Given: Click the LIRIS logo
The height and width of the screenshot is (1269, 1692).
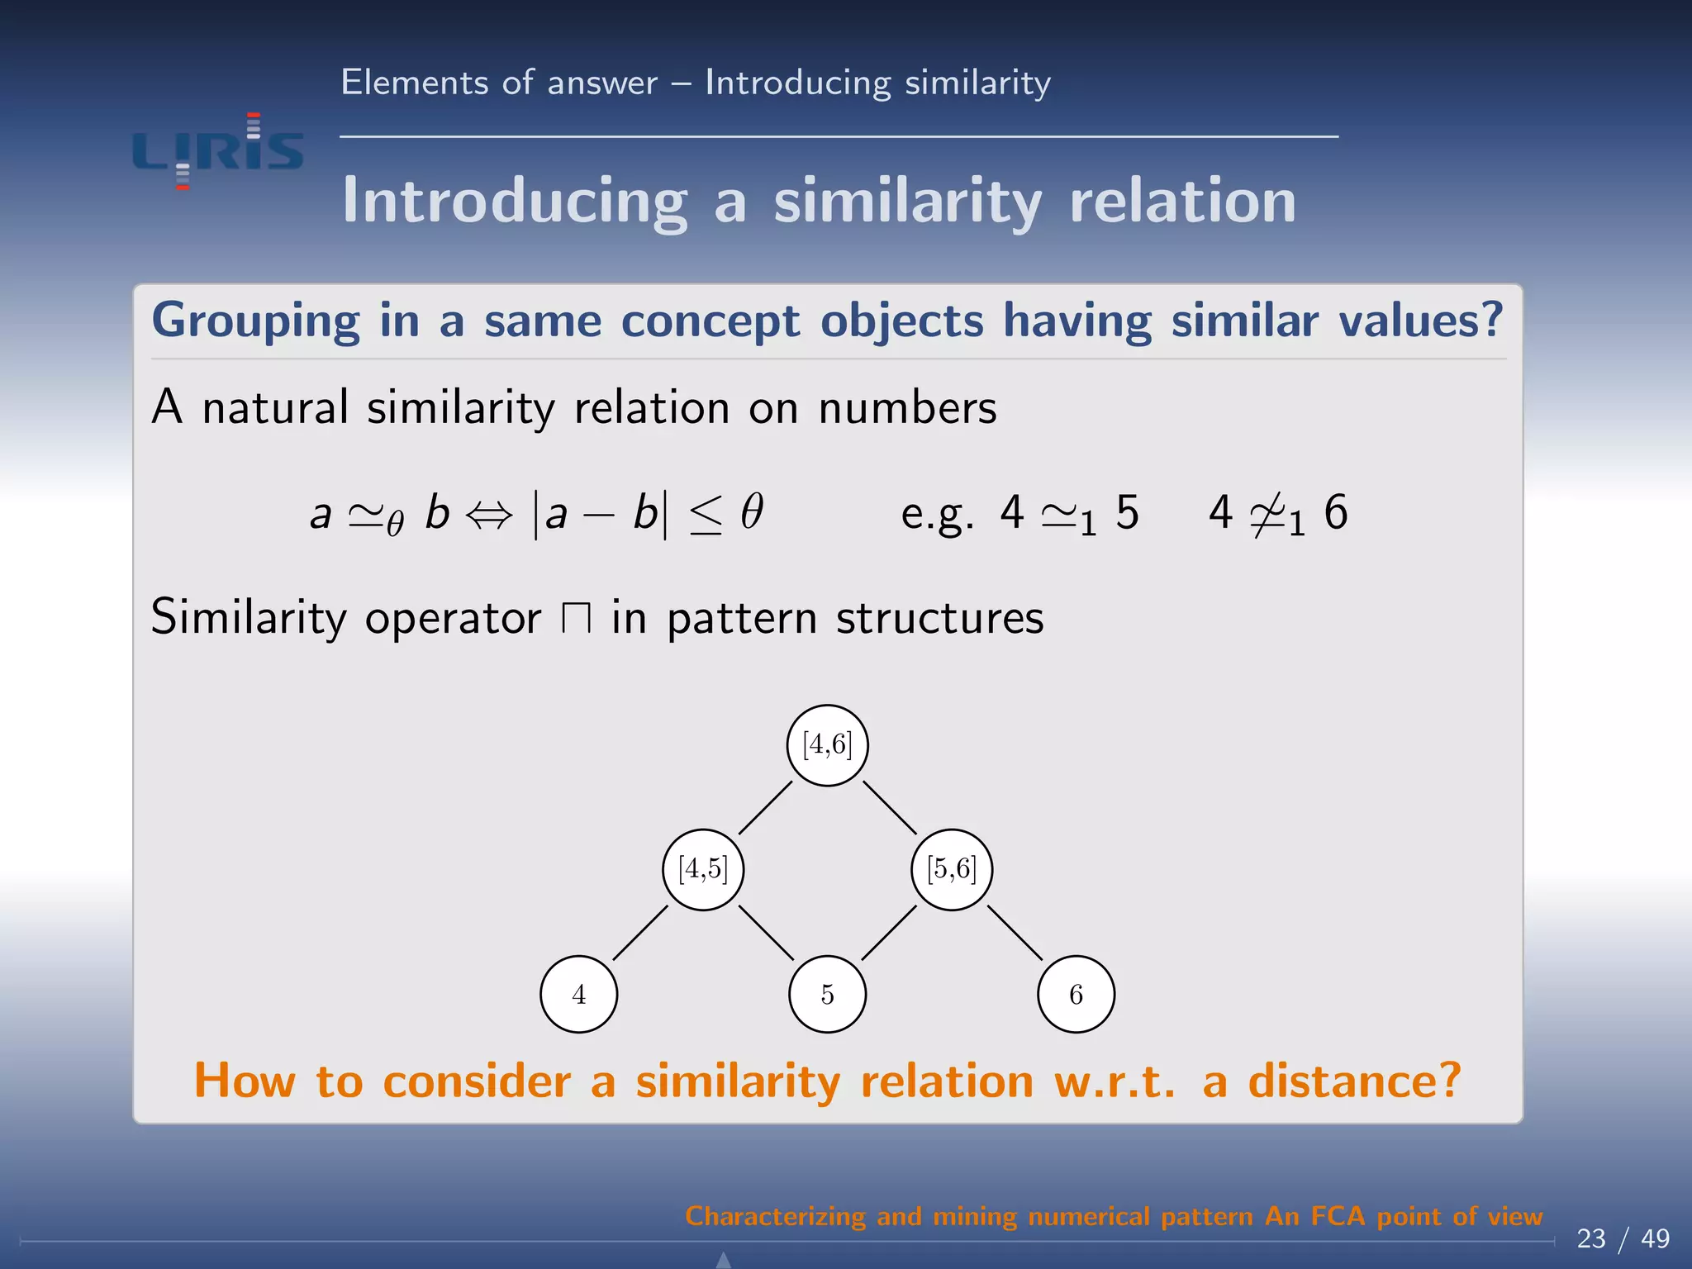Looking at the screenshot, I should point(218,151).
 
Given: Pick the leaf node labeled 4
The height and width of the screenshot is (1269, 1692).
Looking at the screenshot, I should point(578,994).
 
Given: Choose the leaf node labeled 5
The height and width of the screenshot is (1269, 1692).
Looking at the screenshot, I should point(827,994).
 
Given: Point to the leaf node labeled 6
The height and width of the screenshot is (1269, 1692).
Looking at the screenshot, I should point(1076,994).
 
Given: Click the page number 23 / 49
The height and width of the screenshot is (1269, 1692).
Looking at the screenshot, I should point(1623,1238).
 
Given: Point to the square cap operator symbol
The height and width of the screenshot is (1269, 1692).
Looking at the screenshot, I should point(576,618).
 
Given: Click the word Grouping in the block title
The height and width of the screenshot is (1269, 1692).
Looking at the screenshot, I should point(255,321).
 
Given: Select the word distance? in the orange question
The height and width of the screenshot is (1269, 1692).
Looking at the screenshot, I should point(1354,1081).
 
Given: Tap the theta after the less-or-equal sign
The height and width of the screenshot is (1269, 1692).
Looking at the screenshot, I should point(751,511).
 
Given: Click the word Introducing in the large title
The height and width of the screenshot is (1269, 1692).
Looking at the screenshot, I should point(515,202).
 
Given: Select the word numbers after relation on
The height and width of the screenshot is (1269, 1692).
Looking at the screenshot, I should point(907,408).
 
